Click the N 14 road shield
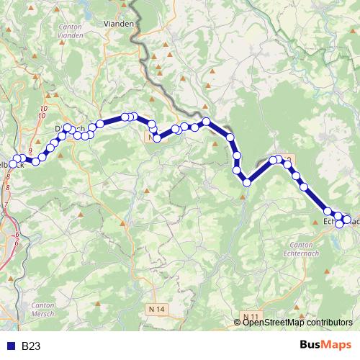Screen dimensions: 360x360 159,309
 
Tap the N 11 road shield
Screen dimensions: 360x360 251,317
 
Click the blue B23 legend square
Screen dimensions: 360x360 9,346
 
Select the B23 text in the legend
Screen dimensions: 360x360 31,346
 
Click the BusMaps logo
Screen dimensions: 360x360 326,346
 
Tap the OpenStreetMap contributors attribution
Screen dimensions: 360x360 297,323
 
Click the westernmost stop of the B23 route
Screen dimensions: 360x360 12,165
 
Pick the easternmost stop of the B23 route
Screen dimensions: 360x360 347,220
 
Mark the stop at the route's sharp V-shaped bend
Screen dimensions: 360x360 246,182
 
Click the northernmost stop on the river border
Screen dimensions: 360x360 206,122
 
